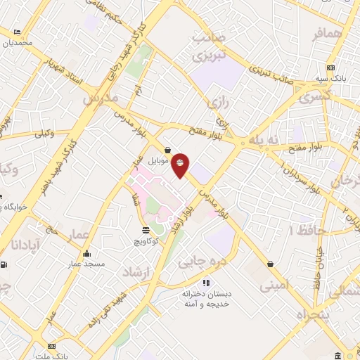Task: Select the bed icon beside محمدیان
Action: click(17, 32)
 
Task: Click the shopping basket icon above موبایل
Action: click(167, 150)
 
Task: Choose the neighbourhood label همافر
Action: click(328, 34)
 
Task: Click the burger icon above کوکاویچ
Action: click(146, 230)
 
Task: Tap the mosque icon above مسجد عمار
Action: click(87, 254)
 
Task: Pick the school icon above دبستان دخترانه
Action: click(207, 282)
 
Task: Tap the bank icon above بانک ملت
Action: click(51, 346)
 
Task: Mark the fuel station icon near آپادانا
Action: click(5, 265)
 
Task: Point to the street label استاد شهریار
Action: click(65, 72)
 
